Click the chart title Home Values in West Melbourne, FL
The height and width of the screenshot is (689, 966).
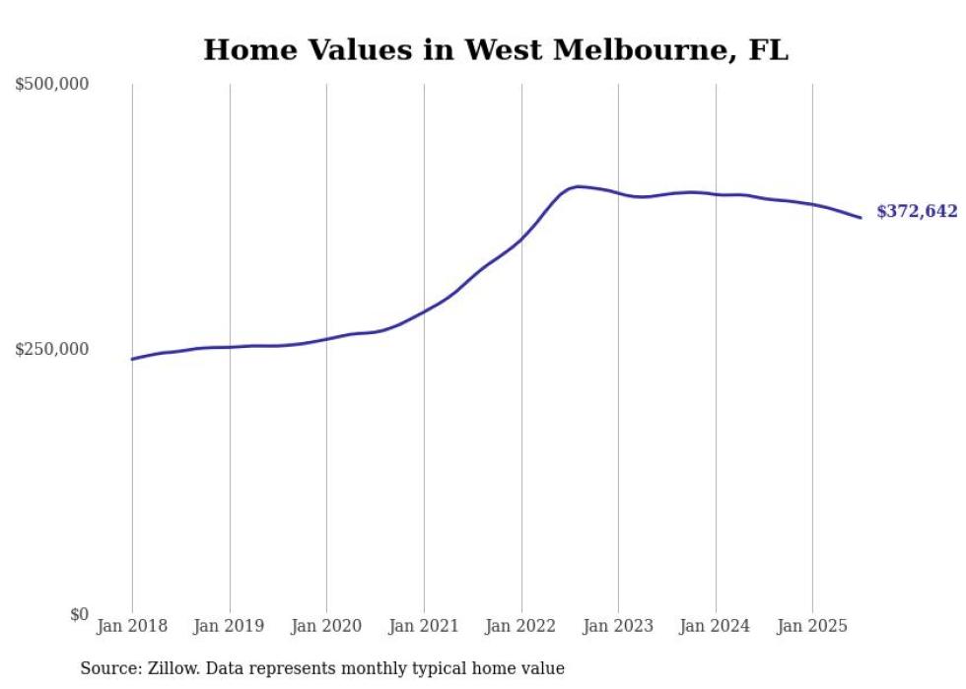pos(496,49)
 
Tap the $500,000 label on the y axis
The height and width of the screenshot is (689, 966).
pos(52,84)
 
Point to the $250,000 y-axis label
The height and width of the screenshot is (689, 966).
pos(52,349)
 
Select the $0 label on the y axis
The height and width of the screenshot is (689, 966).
pos(79,614)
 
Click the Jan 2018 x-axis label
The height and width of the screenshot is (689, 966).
pos(132,626)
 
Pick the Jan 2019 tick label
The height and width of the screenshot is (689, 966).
pos(230,626)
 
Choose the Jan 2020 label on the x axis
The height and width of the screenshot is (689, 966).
pos(326,626)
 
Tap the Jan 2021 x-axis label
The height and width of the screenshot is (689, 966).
pos(424,626)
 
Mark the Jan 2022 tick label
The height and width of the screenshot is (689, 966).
pos(521,626)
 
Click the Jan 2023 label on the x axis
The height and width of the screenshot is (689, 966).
pos(618,626)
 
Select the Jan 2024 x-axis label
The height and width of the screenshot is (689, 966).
pos(716,626)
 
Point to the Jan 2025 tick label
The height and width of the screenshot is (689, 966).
pos(812,626)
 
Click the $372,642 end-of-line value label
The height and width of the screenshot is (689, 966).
pos(917,212)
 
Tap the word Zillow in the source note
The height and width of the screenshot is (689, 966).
pos(171,668)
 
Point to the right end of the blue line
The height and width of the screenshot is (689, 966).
pos(862,218)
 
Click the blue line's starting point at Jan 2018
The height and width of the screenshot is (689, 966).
pos(132,359)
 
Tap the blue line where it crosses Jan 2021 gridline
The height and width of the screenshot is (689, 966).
pos(424,310)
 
